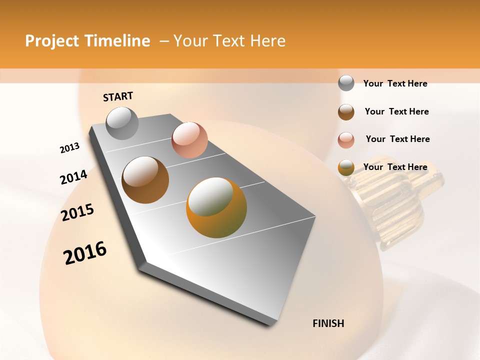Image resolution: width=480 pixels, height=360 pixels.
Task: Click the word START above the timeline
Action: [118, 96]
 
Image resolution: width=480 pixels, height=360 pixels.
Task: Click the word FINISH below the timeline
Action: [328, 323]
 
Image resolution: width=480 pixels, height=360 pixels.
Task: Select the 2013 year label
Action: [69, 148]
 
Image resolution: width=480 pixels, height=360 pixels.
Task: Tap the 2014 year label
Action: [73, 177]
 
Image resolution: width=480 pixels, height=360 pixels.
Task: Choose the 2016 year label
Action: [85, 253]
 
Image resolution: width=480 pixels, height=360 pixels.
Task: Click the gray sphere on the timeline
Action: [122, 123]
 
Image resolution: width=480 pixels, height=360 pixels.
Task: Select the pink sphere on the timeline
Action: [189, 139]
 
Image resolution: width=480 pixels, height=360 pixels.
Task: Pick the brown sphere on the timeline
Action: [145, 179]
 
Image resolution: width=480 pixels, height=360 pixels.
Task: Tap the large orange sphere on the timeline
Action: [216, 207]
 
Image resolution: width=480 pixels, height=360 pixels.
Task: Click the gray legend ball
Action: [346, 83]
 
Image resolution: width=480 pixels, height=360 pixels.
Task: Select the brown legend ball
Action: [346, 111]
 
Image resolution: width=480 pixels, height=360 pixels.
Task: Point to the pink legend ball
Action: [346, 139]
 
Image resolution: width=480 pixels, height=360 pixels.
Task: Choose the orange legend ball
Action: [346, 167]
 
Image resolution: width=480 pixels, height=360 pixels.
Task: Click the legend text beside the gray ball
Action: [395, 83]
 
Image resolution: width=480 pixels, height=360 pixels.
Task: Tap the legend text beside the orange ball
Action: [395, 167]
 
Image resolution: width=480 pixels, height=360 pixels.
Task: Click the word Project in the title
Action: [52, 41]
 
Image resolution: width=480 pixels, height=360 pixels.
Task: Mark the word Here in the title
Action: [267, 41]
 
